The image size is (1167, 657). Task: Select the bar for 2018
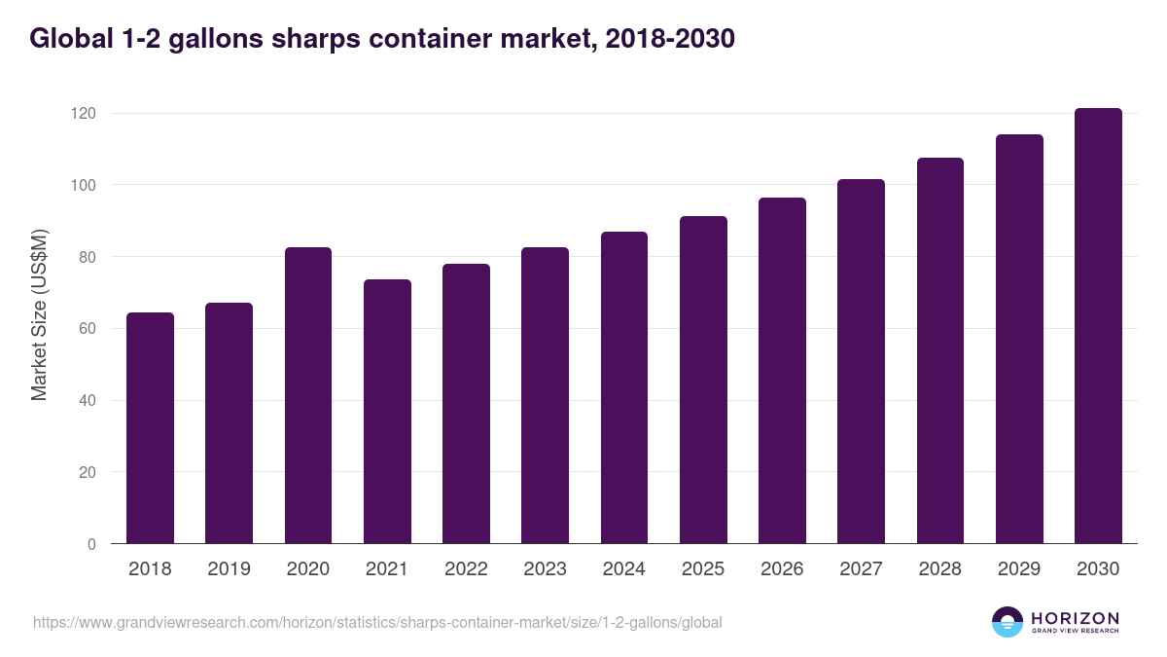[150, 428]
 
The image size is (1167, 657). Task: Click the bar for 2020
[308, 395]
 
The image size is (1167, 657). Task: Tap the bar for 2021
[387, 412]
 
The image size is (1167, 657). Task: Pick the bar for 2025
[703, 380]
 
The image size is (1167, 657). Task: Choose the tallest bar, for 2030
[1098, 326]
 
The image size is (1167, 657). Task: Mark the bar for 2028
[940, 350]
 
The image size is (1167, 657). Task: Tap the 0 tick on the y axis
[91, 544]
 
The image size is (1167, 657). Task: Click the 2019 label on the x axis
[229, 569]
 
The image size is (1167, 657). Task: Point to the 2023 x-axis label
[545, 569]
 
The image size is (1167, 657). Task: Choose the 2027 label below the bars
[861, 569]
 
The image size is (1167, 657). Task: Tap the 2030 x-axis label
[1098, 569]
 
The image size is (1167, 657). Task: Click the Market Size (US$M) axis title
[39, 314]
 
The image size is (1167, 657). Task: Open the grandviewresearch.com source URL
[377, 622]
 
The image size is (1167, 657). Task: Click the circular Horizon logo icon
[1008, 622]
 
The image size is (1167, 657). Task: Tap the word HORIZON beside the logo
[1075, 618]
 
